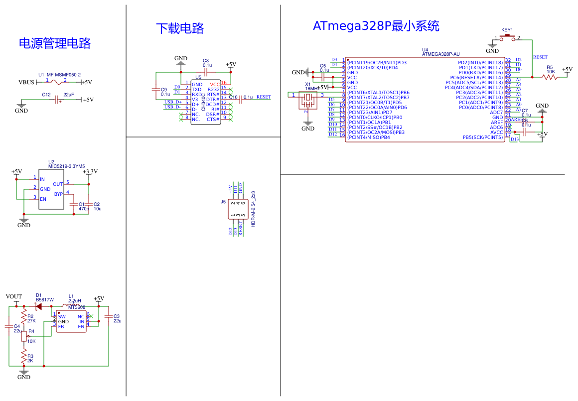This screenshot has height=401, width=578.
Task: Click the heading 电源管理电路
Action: [55, 43]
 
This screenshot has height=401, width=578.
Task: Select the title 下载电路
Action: [180, 28]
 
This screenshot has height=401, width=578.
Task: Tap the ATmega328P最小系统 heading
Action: [376, 26]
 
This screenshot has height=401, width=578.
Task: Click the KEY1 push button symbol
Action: [507, 37]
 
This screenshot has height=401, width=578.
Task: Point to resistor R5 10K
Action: [550, 77]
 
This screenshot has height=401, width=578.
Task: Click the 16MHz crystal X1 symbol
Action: [308, 100]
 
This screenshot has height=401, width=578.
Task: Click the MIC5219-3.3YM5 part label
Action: [66, 166]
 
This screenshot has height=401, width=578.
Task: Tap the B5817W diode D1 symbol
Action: [38, 306]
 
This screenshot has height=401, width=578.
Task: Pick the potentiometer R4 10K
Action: [23, 336]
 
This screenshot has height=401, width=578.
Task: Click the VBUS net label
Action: [26, 83]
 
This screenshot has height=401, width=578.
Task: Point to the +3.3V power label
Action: [90, 172]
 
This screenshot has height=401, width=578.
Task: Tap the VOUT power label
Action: [14, 296]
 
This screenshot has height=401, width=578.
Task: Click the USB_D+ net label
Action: [173, 102]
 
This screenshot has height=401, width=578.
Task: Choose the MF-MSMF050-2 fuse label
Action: [64, 75]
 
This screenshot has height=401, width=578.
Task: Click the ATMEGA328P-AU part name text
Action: [440, 54]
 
